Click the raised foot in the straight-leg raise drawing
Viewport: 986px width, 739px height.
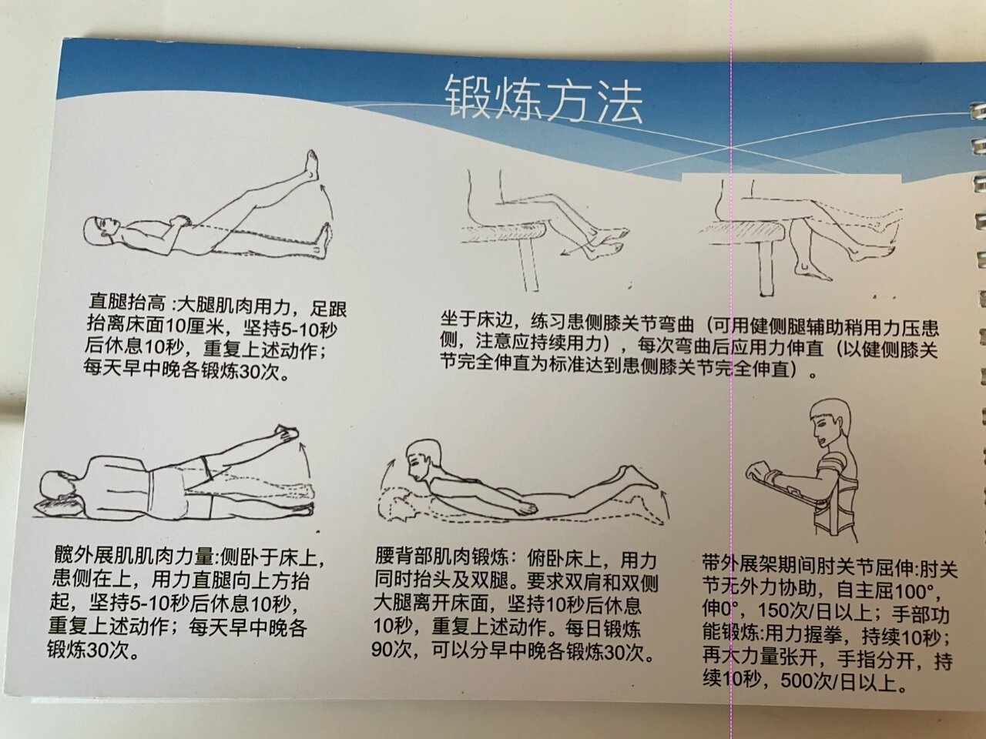pyautogui.click(x=312, y=166)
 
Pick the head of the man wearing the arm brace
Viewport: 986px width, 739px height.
pyautogui.click(x=832, y=425)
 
